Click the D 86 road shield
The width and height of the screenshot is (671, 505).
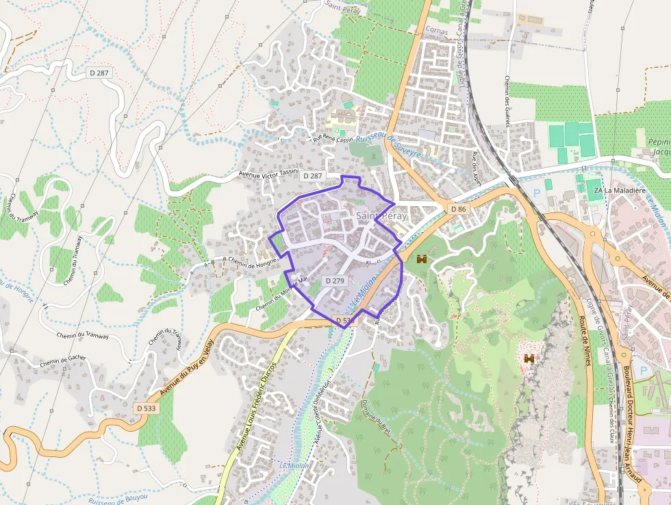(458, 208)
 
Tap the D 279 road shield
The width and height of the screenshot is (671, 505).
(335, 281)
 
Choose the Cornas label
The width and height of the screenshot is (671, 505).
(436, 30)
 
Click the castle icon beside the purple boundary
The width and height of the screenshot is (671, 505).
(422, 259)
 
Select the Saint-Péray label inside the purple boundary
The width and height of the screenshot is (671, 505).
(381, 216)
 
